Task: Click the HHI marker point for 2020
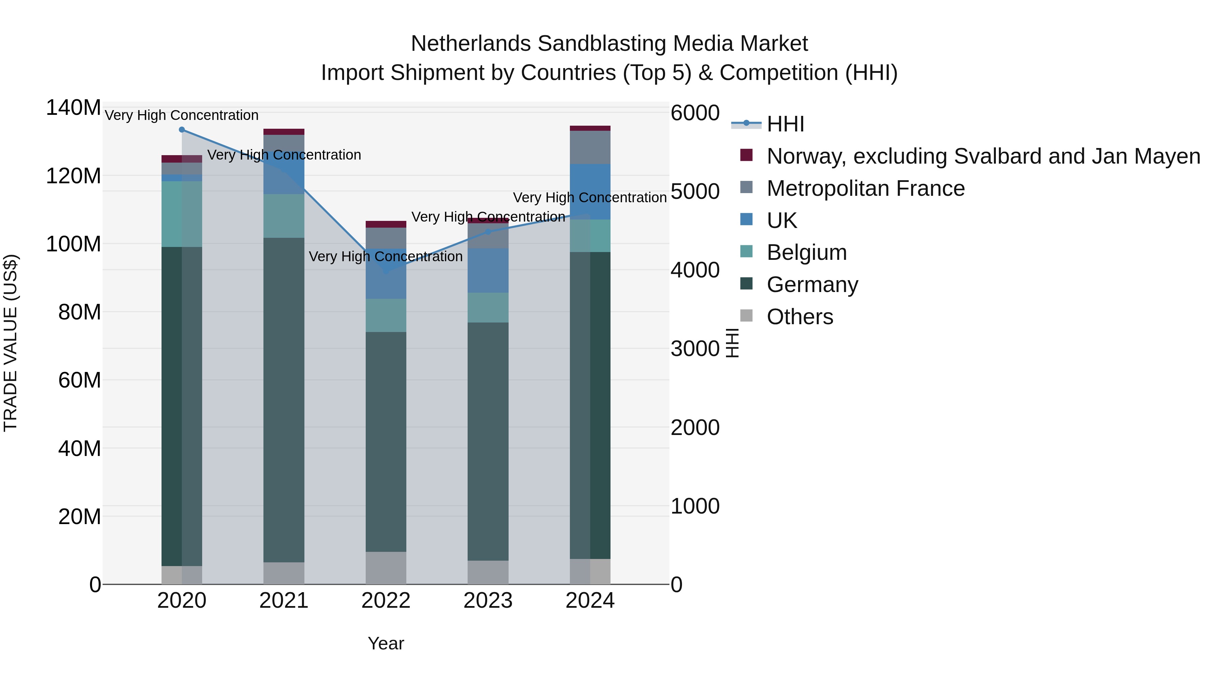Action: [x=182, y=130]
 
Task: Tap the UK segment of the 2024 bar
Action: [x=590, y=191]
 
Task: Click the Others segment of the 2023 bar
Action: [x=488, y=573]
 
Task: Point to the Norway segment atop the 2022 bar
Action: [x=386, y=224]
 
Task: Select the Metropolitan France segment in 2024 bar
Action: [x=590, y=147]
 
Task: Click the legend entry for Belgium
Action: [x=806, y=252]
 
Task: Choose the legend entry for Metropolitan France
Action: [x=865, y=188]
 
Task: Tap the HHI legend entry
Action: [x=785, y=124]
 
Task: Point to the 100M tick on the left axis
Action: [x=73, y=244]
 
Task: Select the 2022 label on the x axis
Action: [x=386, y=601]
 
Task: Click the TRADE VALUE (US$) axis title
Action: [x=10, y=343]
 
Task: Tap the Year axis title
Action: [x=386, y=643]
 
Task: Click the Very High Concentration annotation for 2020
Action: [x=182, y=115]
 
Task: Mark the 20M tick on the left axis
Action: [x=80, y=517]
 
